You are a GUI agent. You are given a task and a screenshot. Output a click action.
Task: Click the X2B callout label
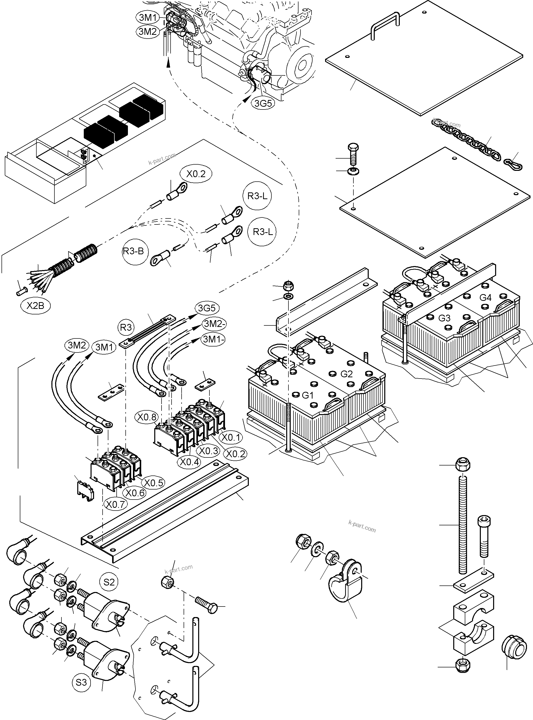pyautogui.click(x=35, y=305)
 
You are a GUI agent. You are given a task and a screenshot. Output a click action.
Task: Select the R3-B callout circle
pyautogui.click(x=133, y=251)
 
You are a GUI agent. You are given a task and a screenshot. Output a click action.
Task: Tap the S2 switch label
pyautogui.click(x=109, y=582)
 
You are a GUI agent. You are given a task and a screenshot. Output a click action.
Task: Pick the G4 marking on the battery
pyautogui.click(x=486, y=297)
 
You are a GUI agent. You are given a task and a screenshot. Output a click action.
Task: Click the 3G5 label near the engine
pyautogui.click(x=263, y=103)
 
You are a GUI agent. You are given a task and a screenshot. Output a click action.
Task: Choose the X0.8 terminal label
pyautogui.click(x=147, y=417)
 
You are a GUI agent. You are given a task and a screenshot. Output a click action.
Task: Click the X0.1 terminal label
pyautogui.click(x=231, y=437)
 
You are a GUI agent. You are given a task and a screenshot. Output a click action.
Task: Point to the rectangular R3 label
pyautogui.click(x=126, y=327)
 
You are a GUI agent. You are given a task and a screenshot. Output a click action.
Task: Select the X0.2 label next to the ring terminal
pyautogui.click(x=196, y=174)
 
